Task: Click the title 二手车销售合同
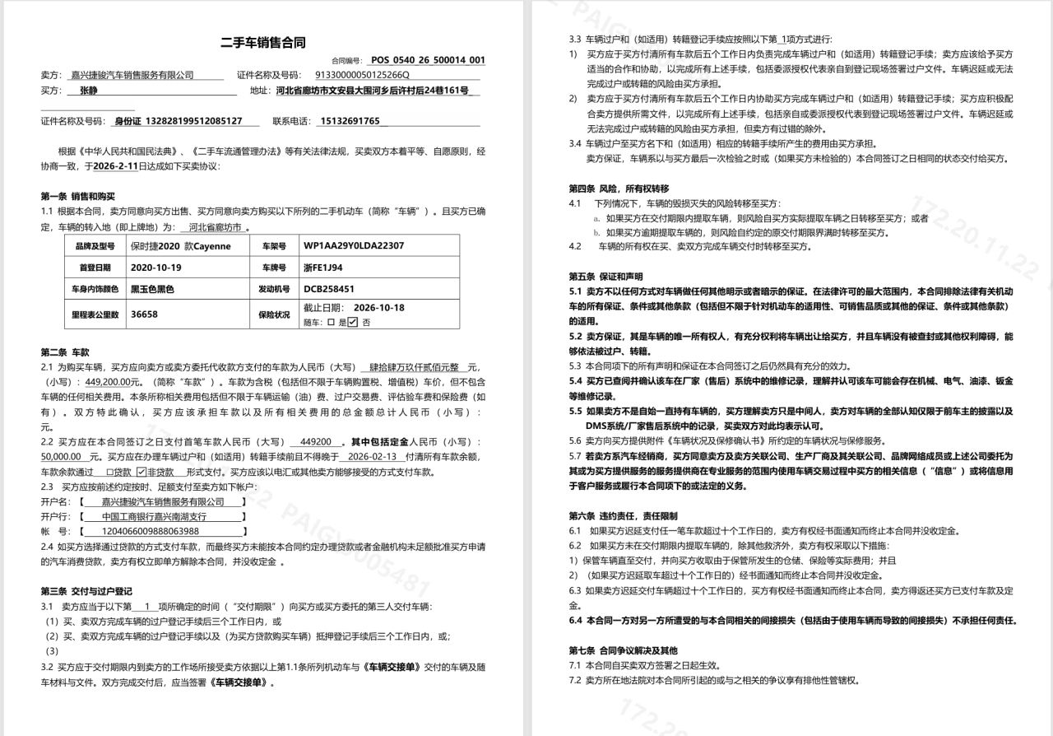click(x=263, y=43)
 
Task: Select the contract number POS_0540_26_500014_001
click(x=427, y=60)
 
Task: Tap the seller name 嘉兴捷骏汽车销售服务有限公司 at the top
click(x=132, y=75)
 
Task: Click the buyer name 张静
click(x=88, y=91)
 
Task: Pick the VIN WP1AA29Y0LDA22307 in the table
click(x=354, y=245)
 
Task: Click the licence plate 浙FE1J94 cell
click(x=323, y=268)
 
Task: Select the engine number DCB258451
click(x=328, y=289)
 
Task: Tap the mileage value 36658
click(x=144, y=314)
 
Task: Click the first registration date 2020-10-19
click(x=155, y=268)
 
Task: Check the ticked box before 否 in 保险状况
click(x=352, y=322)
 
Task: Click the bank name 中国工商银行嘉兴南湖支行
click(x=154, y=516)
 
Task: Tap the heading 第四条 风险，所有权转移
click(x=619, y=188)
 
